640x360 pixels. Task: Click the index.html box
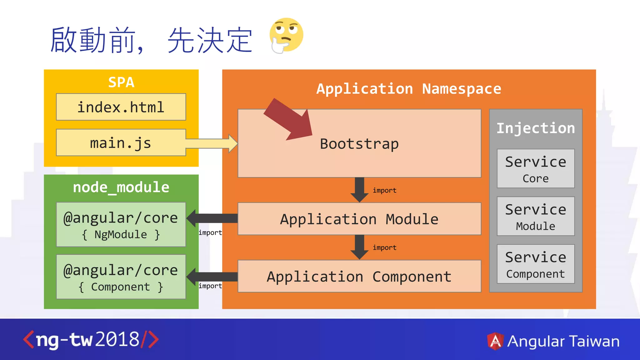pyautogui.click(x=121, y=107)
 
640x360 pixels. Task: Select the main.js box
pyautogui.click(x=121, y=143)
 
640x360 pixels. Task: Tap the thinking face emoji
pyautogui.click(x=286, y=35)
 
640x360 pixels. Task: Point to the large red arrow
pyautogui.click(x=291, y=120)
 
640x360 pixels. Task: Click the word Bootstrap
pyautogui.click(x=359, y=144)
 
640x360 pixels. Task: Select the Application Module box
pyautogui.click(x=359, y=219)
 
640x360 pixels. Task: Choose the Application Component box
pyautogui.click(x=359, y=276)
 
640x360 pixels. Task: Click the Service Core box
pyautogui.click(x=536, y=168)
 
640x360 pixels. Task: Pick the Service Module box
pyautogui.click(x=536, y=216)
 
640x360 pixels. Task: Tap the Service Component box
pyautogui.click(x=536, y=264)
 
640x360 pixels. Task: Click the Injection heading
pyautogui.click(x=536, y=128)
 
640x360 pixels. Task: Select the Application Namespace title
pyautogui.click(x=409, y=89)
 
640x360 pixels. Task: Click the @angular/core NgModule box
pyautogui.click(x=121, y=224)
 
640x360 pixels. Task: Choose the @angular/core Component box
pyautogui.click(x=121, y=277)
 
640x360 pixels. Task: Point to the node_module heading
pyautogui.click(x=121, y=187)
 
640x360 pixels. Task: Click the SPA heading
pyautogui.click(x=121, y=82)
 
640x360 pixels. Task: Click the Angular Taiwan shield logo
pyautogui.click(x=495, y=341)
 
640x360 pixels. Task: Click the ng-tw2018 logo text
pyautogui.click(x=91, y=340)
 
